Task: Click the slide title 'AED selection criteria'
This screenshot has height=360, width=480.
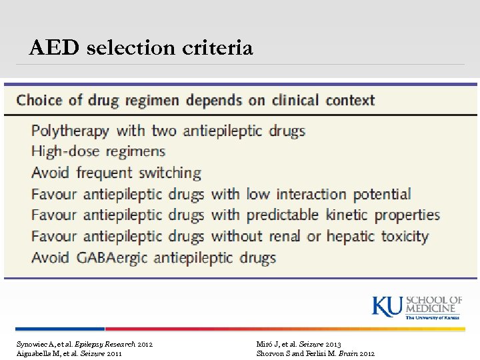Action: pyautogui.click(x=141, y=47)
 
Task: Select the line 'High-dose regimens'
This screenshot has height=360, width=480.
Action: pyautogui.click(x=98, y=151)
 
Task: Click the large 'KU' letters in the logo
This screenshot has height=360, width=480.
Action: pyautogui.click(x=387, y=306)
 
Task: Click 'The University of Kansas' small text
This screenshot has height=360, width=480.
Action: pyautogui.click(x=433, y=317)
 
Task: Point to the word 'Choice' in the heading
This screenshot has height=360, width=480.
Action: pyautogui.click(x=39, y=101)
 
